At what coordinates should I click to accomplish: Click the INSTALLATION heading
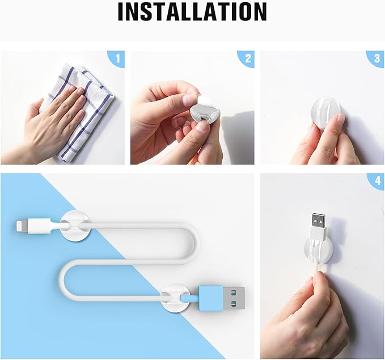tap(192, 11)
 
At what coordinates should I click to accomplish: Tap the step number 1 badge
tap(117, 58)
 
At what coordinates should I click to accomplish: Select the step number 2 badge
tap(247, 58)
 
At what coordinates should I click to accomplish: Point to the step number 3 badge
tap(377, 58)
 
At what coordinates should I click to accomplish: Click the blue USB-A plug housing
tap(211, 298)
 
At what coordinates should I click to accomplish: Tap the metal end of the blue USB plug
tap(234, 298)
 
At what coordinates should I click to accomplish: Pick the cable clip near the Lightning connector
tap(75, 226)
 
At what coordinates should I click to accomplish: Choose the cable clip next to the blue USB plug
tap(175, 298)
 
